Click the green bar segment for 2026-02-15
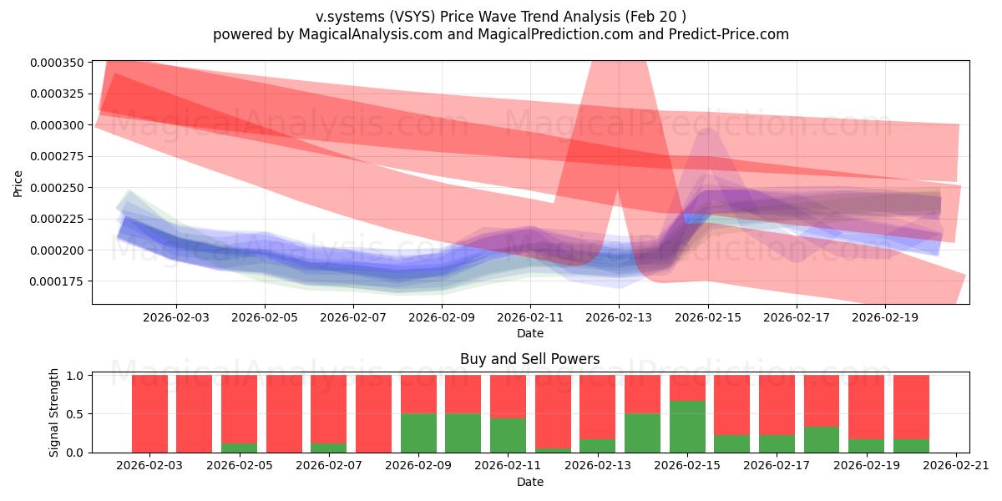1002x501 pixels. [687, 427]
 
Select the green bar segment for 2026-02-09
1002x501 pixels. [418, 433]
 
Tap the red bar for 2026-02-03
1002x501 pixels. [149, 413]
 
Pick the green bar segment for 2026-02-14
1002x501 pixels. [642, 433]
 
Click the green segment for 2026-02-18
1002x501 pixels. [822, 439]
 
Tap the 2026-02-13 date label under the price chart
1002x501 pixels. [619, 317]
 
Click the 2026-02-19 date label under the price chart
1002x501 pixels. [886, 317]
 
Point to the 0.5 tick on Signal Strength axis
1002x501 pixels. [75, 414]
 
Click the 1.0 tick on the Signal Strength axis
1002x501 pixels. [75, 376]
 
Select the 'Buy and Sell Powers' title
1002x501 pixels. [529, 359]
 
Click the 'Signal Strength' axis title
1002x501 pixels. [55, 413]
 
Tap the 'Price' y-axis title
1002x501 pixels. [18, 183]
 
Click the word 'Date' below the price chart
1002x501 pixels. [529, 333]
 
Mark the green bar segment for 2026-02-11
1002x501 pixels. [508, 435]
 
